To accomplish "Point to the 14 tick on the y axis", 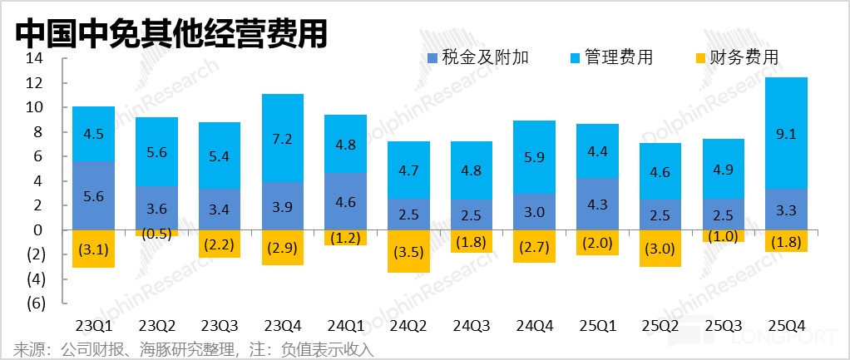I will pyautogui.click(x=34, y=59).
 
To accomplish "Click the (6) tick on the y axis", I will pyautogui.click(x=34, y=303).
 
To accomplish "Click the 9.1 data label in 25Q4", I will pyautogui.click(x=785, y=133).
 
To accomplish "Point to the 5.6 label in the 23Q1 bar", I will pyautogui.click(x=93, y=195).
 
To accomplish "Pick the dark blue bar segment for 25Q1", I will pyautogui.click(x=597, y=204).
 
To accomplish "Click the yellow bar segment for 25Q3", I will pyautogui.click(x=723, y=236).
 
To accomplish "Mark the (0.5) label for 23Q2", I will pyautogui.click(x=156, y=234).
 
